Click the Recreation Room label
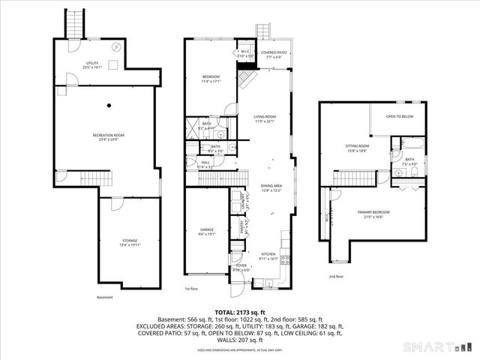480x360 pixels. pyautogui.click(x=107, y=136)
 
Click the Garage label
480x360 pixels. pyautogui.click(x=207, y=231)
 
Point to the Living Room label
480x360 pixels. pyautogui.click(x=265, y=119)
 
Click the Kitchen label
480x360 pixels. pyautogui.click(x=266, y=255)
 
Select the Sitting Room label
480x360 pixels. pyautogui.click(x=356, y=148)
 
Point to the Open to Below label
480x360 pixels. pyautogui.click(x=400, y=117)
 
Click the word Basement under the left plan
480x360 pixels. pyautogui.click(x=105, y=296)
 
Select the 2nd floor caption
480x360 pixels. pyautogui.click(x=336, y=276)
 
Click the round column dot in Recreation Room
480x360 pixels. pyautogui.click(x=109, y=104)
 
